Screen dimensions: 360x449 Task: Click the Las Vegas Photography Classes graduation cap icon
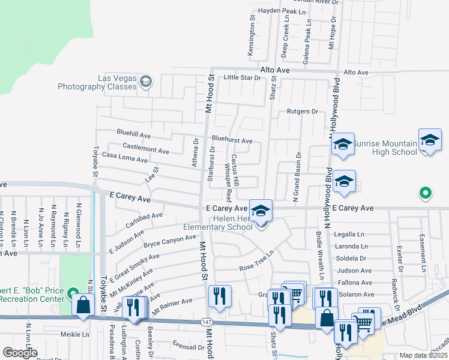point(146,82)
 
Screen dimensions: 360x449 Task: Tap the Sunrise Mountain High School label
point(385,148)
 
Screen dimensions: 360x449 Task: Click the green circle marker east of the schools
point(425,193)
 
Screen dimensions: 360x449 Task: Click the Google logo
point(20,353)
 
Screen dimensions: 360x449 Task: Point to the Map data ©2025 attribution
point(422,355)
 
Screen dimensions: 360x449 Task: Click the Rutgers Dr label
point(302,112)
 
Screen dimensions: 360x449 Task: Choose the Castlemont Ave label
point(145,148)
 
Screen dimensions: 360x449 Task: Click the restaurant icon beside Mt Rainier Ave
point(219,296)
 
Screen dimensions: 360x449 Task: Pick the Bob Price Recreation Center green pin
point(73,294)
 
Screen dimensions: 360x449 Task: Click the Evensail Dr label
point(188,347)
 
